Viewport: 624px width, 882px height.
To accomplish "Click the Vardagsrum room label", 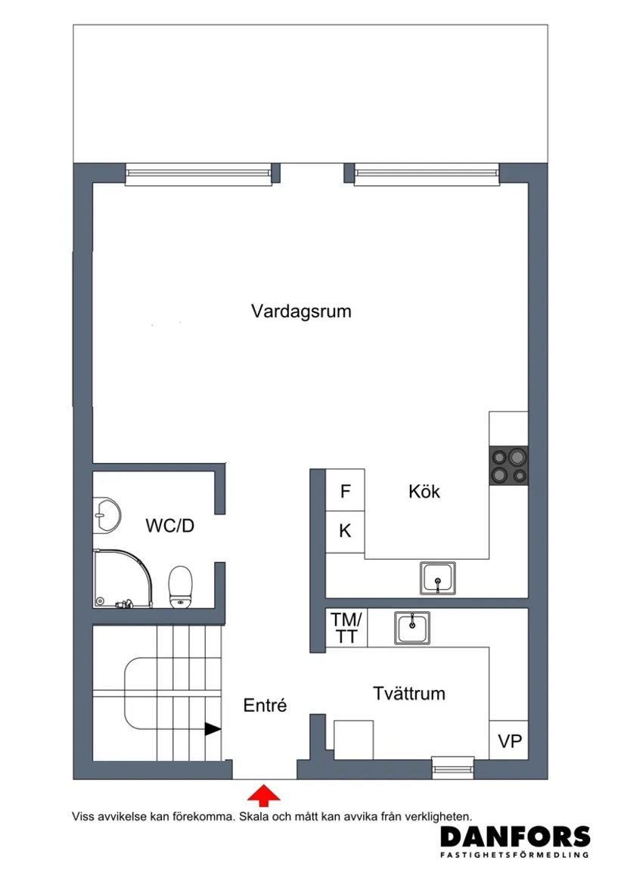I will (301, 311).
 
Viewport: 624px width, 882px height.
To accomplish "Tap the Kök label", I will (424, 492).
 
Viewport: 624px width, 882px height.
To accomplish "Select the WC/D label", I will (169, 525).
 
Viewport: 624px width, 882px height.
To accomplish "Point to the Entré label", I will (265, 706).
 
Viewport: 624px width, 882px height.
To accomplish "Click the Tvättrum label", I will (408, 694).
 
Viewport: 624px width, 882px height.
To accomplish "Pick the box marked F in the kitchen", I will (345, 492).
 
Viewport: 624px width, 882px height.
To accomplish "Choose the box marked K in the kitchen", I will (345, 531).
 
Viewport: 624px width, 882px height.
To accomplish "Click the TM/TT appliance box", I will (346, 628).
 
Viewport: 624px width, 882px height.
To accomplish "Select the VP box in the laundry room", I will (509, 741).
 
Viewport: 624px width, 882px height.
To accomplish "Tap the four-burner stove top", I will (508, 465).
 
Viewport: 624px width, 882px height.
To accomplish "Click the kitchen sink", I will (438, 579).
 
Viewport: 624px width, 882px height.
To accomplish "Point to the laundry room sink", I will (411, 627).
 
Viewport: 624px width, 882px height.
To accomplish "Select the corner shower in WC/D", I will (121, 578).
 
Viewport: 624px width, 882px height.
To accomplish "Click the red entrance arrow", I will (264, 794).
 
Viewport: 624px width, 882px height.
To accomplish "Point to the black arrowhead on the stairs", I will (213, 729).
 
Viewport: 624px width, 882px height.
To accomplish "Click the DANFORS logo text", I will (514, 836).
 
